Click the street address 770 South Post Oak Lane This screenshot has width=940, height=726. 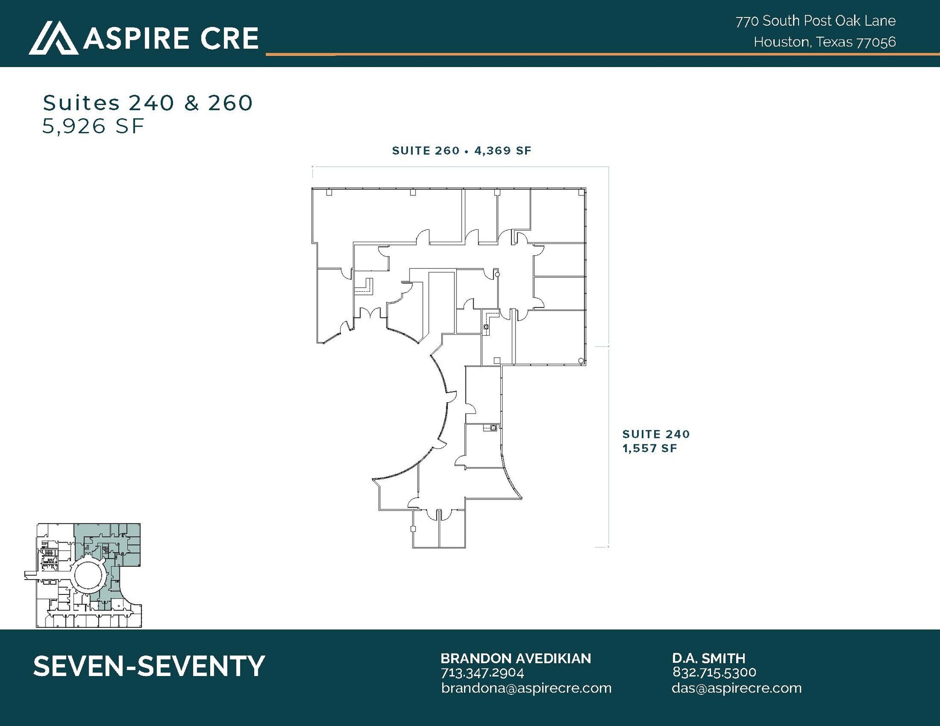point(816,21)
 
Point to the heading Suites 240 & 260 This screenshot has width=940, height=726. point(147,103)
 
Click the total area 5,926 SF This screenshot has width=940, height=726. point(93,126)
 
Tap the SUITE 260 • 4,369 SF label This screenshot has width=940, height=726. point(461,150)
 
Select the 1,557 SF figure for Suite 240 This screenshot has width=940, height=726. point(649,448)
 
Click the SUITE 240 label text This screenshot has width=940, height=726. point(656,434)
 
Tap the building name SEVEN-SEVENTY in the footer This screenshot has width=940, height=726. point(149,666)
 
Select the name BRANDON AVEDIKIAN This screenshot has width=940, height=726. point(515,659)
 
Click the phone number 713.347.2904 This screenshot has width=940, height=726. point(482,673)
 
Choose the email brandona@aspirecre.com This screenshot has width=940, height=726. point(526,688)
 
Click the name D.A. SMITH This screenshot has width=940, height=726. point(709,659)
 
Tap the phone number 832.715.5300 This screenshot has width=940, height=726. point(714,672)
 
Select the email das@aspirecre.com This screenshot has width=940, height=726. point(736,688)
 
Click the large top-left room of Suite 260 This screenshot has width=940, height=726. point(386,216)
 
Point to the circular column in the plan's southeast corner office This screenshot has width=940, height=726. point(581,361)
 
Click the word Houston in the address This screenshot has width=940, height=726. point(781,42)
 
